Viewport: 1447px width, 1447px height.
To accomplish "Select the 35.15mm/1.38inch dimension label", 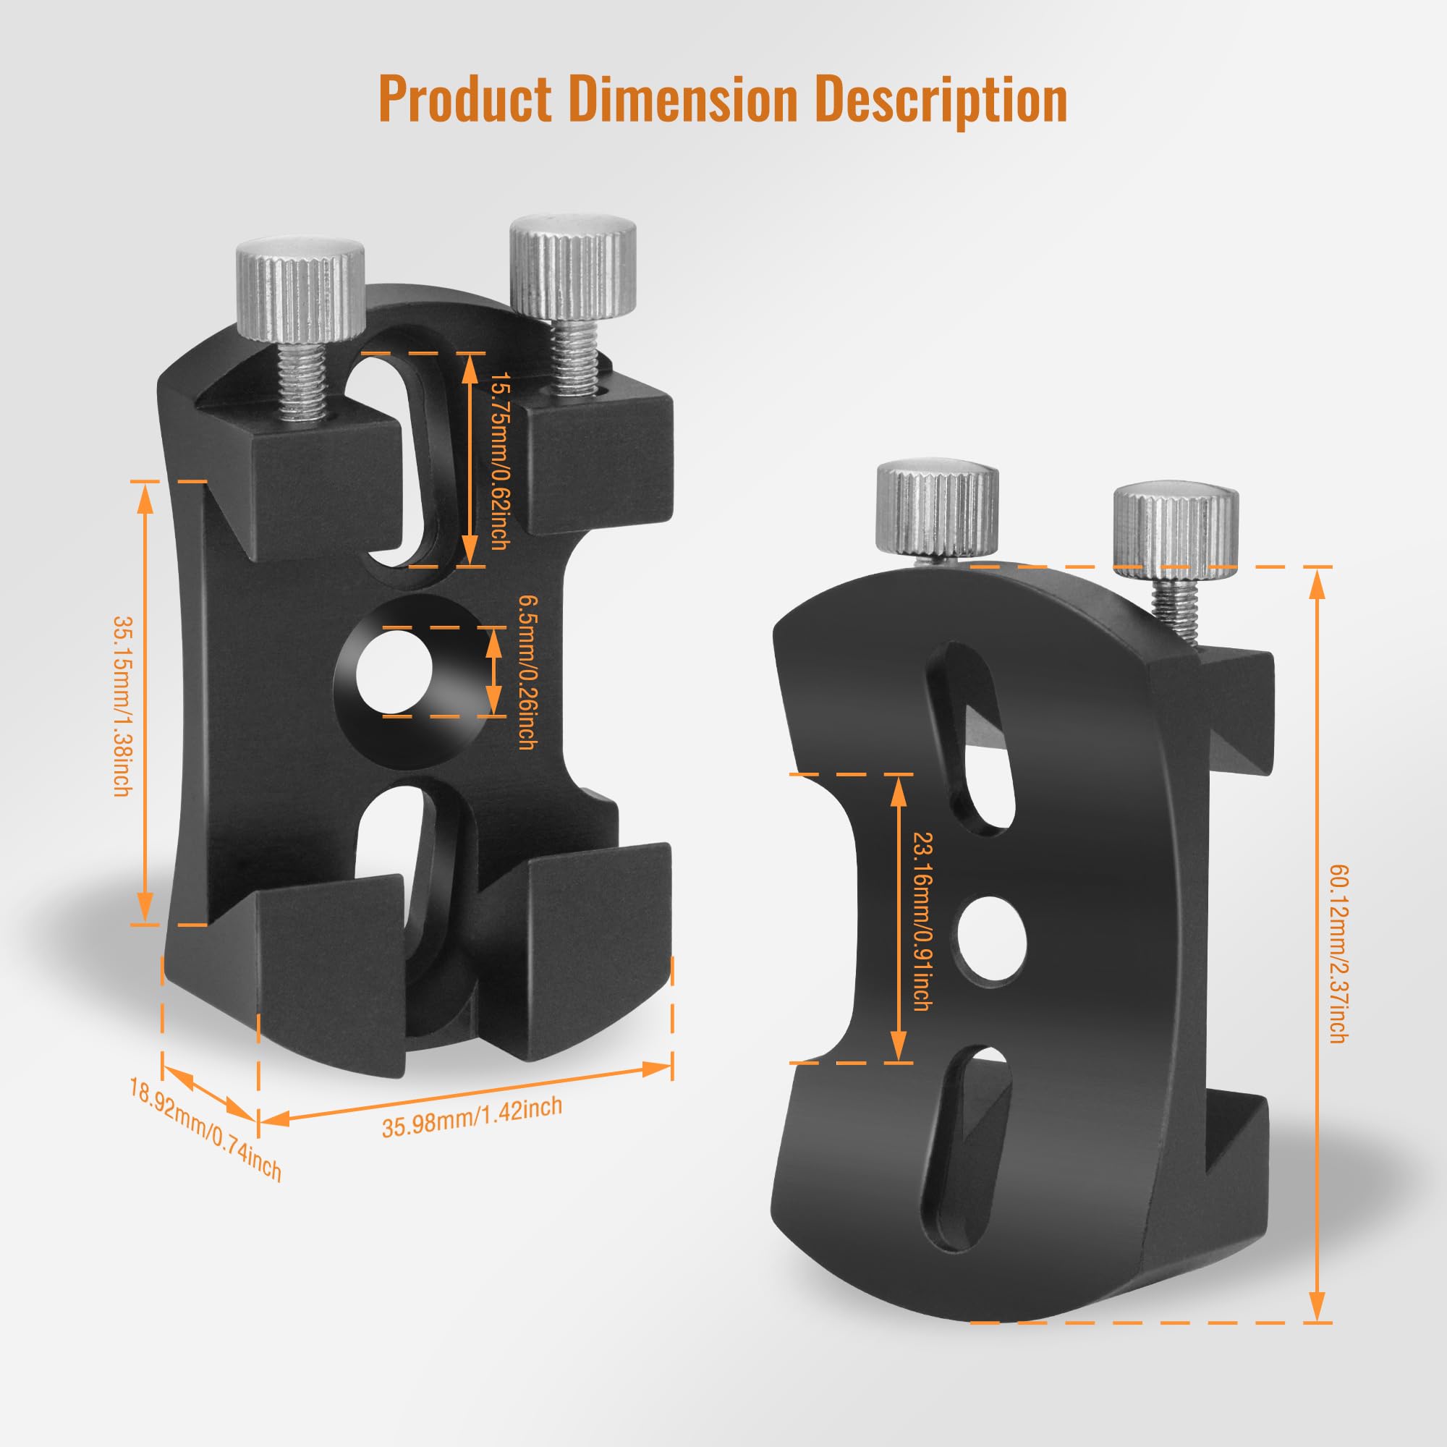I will (123, 705).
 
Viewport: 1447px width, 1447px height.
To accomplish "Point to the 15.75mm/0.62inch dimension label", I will (497, 461).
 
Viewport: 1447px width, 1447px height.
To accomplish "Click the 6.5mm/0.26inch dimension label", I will (527, 672).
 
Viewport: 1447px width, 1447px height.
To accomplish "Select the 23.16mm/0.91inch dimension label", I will (920, 921).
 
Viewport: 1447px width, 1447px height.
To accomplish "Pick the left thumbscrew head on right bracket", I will (937, 509).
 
